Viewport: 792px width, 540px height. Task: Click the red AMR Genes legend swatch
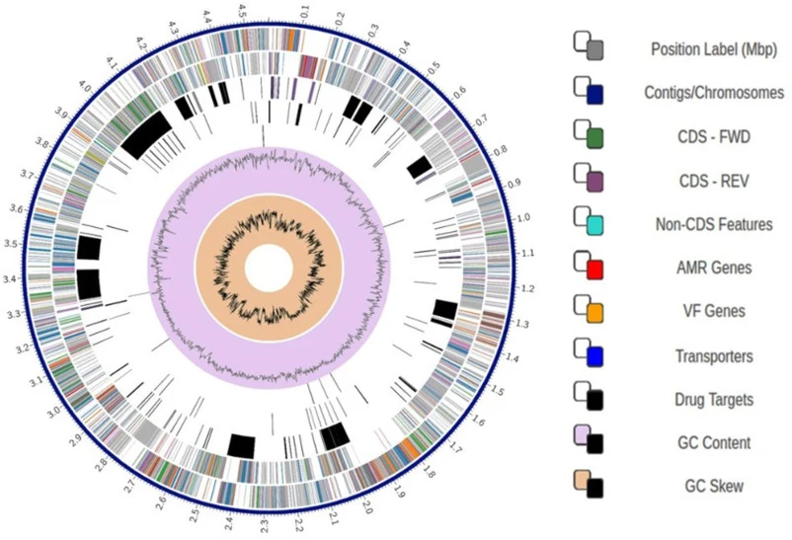point(594,270)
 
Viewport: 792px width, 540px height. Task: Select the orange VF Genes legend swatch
point(594,313)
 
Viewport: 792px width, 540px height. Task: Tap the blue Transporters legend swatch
point(594,357)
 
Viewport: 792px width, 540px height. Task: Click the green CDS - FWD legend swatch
point(594,138)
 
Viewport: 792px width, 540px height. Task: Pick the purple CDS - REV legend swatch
point(594,182)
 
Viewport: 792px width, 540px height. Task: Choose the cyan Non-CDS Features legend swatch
point(594,225)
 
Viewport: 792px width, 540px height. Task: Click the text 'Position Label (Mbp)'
point(714,49)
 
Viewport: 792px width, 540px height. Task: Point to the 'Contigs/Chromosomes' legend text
point(714,93)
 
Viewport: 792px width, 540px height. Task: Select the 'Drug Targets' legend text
point(714,400)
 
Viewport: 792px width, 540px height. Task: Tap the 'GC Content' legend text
point(714,443)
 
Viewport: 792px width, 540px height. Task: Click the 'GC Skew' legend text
point(714,487)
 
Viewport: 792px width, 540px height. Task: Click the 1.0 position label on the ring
point(523,218)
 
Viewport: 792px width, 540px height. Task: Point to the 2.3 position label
point(265,525)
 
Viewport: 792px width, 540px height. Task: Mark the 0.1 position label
point(304,12)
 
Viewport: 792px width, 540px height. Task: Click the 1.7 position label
point(456,446)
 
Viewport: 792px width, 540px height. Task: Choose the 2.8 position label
point(102,463)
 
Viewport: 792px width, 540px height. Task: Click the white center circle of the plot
point(269,269)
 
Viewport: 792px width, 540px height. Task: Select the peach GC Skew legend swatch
point(583,480)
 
